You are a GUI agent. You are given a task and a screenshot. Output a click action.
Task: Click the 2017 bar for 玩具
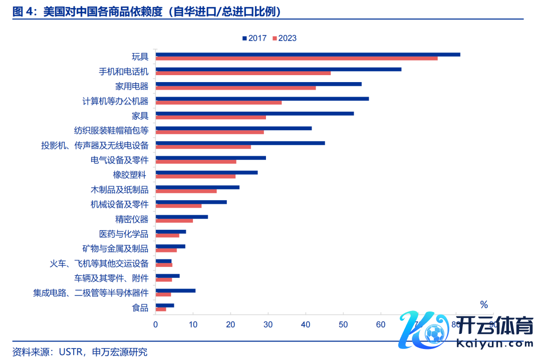[x=308, y=55]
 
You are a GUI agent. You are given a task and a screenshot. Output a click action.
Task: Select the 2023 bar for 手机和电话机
[x=243, y=73]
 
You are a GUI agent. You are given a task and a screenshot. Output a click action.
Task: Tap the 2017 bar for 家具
[x=254, y=114]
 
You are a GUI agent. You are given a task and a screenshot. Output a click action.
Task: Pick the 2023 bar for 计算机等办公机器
[x=218, y=103]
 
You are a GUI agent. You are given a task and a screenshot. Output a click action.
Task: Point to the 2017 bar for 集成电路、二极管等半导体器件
[x=175, y=290]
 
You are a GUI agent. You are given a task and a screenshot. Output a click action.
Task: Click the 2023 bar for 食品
[x=161, y=309]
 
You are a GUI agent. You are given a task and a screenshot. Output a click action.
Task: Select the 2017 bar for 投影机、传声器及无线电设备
[x=240, y=143]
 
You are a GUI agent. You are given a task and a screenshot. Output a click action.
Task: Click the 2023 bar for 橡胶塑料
[x=195, y=176]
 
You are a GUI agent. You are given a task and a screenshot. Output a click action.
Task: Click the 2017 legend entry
[x=254, y=38]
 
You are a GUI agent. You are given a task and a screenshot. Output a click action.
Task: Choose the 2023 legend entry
[x=285, y=38]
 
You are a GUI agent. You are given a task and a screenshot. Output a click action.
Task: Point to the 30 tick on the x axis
[x=268, y=324]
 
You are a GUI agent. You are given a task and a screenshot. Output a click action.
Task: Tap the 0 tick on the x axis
[x=156, y=324]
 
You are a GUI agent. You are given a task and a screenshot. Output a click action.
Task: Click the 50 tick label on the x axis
[x=343, y=324]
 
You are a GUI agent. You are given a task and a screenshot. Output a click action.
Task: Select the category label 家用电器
[x=132, y=86]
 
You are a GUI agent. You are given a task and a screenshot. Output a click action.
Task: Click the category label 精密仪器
[x=132, y=219]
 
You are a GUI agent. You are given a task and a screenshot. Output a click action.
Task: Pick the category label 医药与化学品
[x=124, y=234]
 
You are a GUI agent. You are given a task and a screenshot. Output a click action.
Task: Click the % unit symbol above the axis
[x=483, y=304]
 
